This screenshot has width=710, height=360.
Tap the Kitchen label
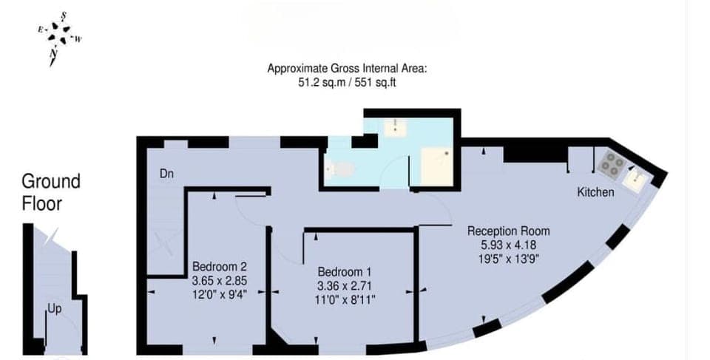[595, 192]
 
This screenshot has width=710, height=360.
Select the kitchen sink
[635, 180]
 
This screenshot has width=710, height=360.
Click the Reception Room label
[508, 231]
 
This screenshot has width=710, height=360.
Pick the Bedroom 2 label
[220, 266]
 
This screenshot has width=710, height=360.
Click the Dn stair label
[167, 174]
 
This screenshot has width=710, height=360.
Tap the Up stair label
[54, 308]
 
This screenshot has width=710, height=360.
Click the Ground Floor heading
[50, 191]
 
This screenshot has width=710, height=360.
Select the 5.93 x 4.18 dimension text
[508, 245]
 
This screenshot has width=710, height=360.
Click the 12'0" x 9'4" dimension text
[220, 294]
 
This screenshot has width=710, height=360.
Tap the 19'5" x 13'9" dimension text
[508, 258]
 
